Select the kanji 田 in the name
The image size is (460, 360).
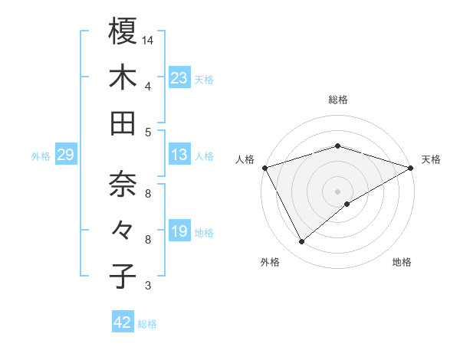[x=123, y=123]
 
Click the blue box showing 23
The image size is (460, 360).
[x=179, y=77]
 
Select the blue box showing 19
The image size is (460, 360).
[x=179, y=231]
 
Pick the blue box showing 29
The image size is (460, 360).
[x=65, y=155]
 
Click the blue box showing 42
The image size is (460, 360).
[x=123, y=322]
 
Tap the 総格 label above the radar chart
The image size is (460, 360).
[x=338, y=100]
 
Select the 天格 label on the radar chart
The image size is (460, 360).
[x=431, y=159]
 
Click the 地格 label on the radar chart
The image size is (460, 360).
[x=402, y=263]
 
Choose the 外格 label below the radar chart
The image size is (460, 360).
[x=270, y=263]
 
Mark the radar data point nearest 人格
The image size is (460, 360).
[x=264, y=168]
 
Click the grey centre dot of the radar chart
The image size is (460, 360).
[x=337, y=191]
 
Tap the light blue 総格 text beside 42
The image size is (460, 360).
[x=147, y=324]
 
